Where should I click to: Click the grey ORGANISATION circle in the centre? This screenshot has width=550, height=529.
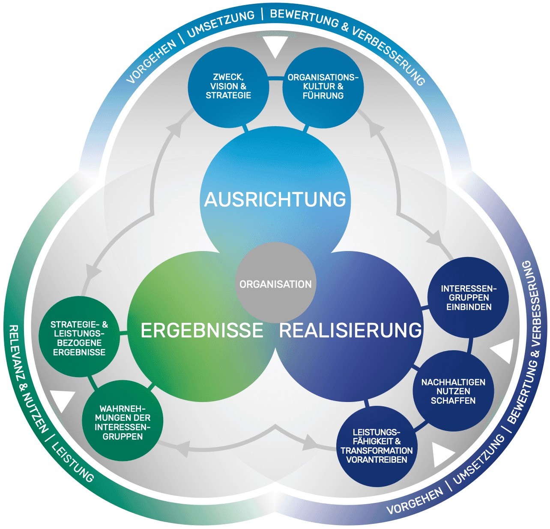275,283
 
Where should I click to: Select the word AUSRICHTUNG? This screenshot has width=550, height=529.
275,199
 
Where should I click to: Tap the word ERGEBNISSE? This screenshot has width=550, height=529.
202,331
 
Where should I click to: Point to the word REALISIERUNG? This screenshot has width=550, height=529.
350,331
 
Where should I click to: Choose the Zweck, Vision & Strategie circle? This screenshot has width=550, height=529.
228,86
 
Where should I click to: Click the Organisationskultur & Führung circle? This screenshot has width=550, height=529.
323,87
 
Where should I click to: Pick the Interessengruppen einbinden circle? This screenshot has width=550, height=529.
468,297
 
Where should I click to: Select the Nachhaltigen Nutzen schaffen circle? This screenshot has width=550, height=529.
453,391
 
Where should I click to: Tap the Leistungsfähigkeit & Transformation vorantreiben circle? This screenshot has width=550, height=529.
377,446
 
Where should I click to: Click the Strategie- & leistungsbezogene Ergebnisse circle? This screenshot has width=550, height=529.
79,338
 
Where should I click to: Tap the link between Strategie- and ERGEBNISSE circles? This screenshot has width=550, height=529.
124,335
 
